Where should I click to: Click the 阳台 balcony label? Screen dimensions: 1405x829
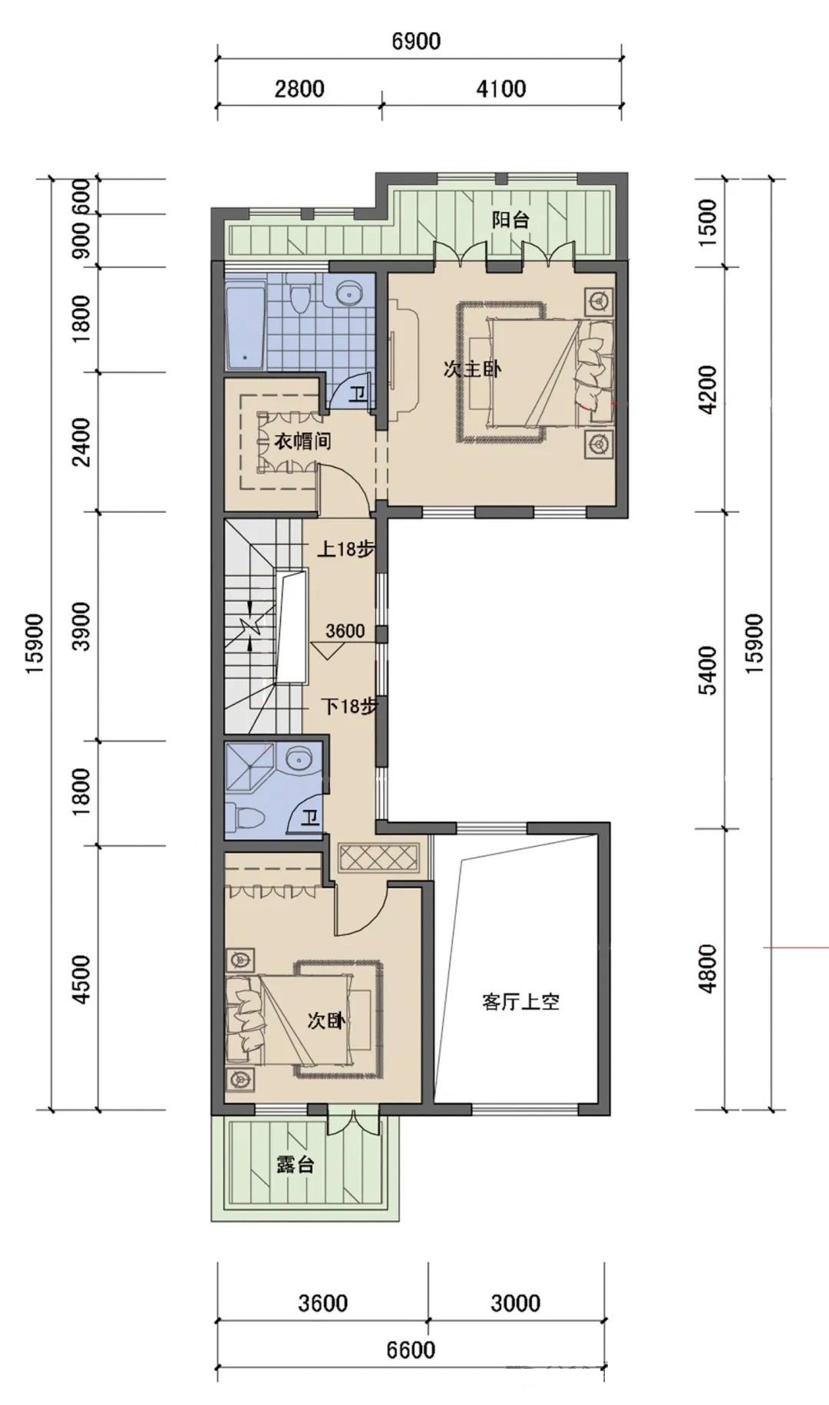510,220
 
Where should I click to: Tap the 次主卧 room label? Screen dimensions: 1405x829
472,369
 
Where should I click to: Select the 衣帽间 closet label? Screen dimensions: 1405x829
303,442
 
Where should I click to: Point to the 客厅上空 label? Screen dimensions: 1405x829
520,1002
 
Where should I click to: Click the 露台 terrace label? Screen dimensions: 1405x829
296,1164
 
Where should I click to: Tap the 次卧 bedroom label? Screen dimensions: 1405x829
326,1020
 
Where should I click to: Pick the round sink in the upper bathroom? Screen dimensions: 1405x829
350,293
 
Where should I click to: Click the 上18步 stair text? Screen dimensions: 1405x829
346,550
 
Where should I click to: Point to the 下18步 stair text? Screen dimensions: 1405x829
349,706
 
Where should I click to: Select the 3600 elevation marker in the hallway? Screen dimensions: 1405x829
345,632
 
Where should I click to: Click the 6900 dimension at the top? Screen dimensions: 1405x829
417,41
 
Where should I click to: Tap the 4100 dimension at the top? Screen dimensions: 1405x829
500,89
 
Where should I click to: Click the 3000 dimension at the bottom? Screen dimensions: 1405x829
515,1303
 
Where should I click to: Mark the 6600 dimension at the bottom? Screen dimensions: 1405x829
411,1350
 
